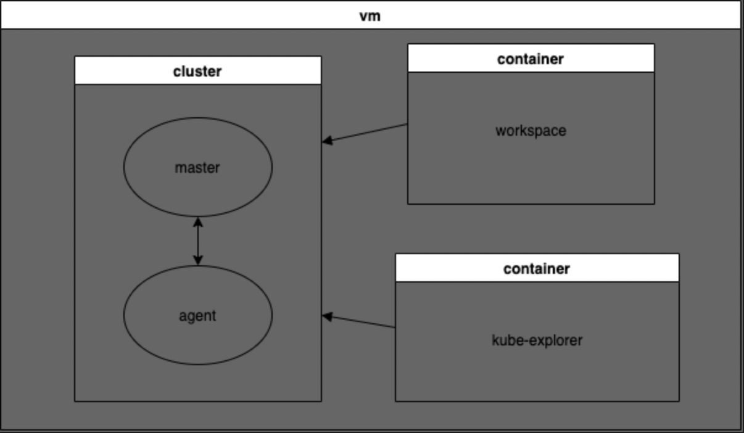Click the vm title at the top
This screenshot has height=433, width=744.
tap(370, 16)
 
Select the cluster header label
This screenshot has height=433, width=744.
tap(198, 70)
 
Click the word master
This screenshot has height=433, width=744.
tap(197, 168)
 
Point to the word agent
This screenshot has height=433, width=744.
tap(197, 316)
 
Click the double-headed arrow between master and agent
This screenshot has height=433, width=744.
tap(198, 241)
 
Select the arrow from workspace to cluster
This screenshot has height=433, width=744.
tap(365, 133)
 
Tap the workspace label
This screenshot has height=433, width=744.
tap(531, 131)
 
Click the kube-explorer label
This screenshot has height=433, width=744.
tap(537, 340)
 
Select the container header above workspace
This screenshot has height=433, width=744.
tap(531, 58)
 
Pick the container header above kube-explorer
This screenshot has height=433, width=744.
tap(537, 268)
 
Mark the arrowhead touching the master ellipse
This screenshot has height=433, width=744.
tap(198, 222)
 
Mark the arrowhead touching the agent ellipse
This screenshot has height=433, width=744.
tap(198, 261)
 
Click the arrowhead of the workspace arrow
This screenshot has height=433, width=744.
tap(327, 141)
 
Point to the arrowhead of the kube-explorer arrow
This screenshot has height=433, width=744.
tap(327, 316)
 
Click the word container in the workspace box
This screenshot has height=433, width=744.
tap(531, 59)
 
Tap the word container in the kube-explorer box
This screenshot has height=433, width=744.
tap(537, 269)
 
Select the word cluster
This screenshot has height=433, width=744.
tap(197, 72)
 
